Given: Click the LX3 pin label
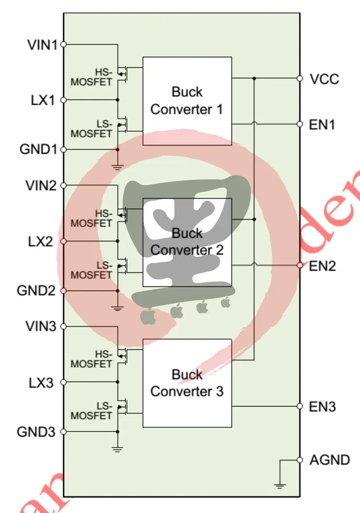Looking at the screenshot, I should click(42, 383).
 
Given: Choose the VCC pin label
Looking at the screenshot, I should click(324, 79).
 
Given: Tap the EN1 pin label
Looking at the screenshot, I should click(323, 125).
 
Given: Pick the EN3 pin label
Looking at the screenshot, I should click(323, 406).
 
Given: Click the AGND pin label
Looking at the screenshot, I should click(329, 459).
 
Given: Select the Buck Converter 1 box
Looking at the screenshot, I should click(187, 101).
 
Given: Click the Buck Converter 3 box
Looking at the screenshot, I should click(187, 383).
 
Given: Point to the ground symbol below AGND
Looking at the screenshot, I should click(280, 484).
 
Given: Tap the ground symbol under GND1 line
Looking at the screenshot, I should click(117, 167).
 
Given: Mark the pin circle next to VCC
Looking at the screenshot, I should click(300, 78).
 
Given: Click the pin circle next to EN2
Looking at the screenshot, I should click(300, 265).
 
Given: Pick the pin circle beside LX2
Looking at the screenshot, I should click(63, 241).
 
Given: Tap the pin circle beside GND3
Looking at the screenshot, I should click(63, 431).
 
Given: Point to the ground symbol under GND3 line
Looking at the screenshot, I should click(117, 449).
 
